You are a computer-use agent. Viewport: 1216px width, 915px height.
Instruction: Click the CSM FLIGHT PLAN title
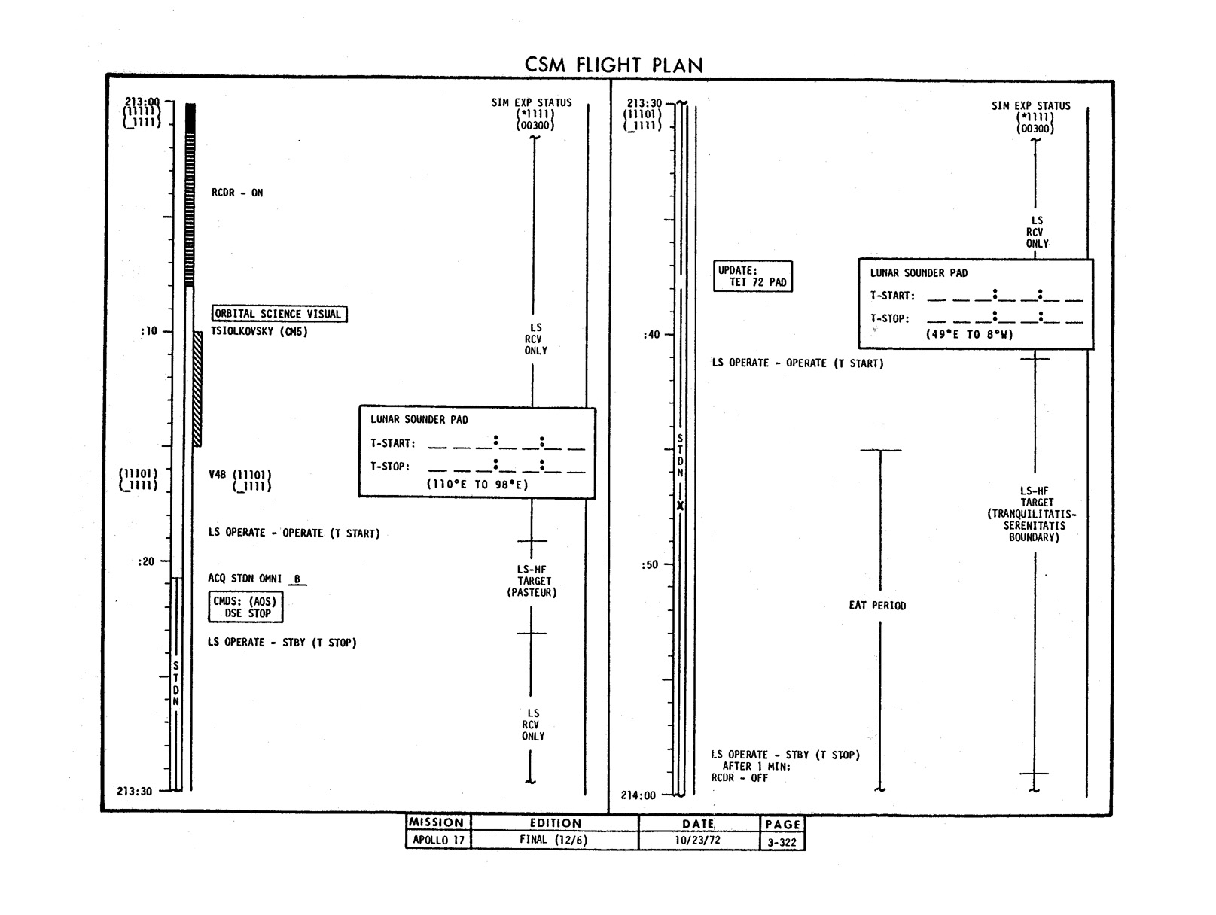pos(614,65)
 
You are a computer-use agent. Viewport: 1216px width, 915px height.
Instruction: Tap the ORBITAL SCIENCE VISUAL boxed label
pos(279,314)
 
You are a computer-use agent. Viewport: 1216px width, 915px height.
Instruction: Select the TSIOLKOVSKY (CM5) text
pos(259,331)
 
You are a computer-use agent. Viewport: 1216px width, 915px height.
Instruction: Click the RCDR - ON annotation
pos(237,193)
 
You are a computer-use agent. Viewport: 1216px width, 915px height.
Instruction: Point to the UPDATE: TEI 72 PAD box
pos(754,277)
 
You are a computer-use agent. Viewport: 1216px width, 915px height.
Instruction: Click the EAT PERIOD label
pos(877,606)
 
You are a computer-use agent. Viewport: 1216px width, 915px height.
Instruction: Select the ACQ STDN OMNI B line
pos(256,579)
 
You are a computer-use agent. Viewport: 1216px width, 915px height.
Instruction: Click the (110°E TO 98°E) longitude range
pos(477,485)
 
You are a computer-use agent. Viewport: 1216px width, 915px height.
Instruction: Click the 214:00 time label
pos(638,795)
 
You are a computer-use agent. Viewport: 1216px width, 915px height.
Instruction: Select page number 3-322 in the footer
pos(782,843)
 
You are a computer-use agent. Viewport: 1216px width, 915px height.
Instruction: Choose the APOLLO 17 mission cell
pos(438,840)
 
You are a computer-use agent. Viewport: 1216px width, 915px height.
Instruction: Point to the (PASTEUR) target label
pos(532,593)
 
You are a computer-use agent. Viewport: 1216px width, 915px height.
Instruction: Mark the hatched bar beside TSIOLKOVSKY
pos(197,389)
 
